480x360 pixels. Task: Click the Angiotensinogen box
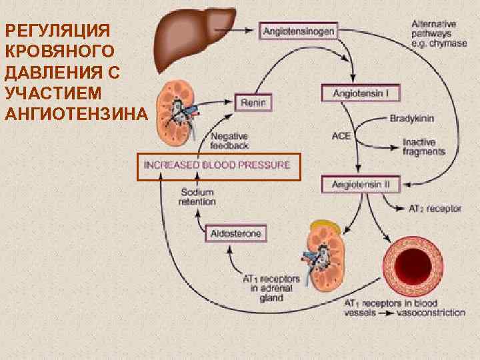pyautogui.click(x=299, y=31)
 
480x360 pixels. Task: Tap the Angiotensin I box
pyautogui.click(x=355, y=93)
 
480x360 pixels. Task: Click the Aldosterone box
pyautogui.click(x=236, y=233)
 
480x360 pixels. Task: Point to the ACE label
pyautogui.click(x=341, y=137)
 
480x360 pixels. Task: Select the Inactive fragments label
pyautogui.click(x=423, y=147)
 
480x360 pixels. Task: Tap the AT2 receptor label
pyautogui.click(x=435, y=209)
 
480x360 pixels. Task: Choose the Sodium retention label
pyautogui.click(x=198, y=197)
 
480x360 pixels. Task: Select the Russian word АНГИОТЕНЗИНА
pyautogui.click(x=75, y=113)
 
